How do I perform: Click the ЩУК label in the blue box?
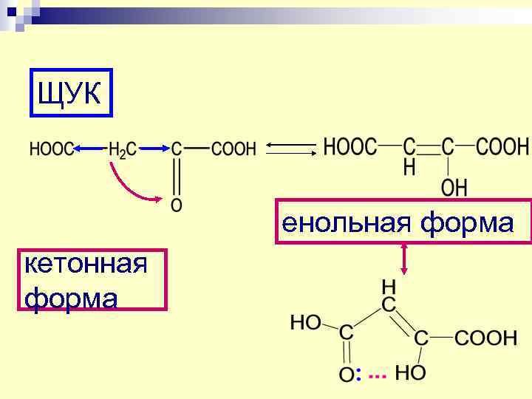71,94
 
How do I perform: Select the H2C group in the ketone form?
122,149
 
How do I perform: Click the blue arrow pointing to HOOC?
89,149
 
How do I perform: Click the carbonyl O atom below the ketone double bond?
176,204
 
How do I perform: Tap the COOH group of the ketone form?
233,149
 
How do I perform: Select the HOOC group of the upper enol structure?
351,146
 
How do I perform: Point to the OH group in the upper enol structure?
454,188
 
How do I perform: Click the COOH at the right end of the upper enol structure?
502,146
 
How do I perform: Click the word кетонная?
85,264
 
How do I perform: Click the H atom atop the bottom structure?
387,285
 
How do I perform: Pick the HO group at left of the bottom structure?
306,322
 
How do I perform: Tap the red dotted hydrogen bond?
377,376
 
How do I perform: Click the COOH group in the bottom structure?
485,338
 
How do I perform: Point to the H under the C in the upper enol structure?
409,168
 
